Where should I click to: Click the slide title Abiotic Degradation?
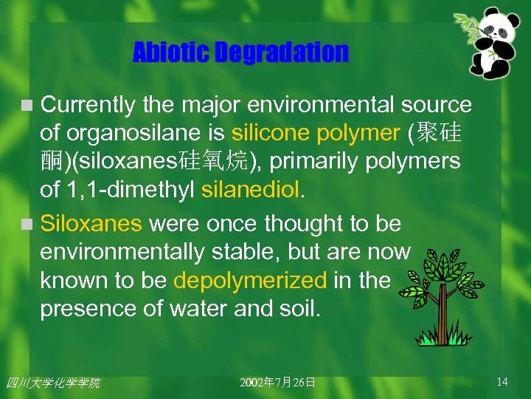tap(240, 52)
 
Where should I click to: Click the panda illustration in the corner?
tap(493, 44)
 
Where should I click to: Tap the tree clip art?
tap(443, 296)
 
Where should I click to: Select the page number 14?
tap(502, 382)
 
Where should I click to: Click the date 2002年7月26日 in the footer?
tap(278, 383)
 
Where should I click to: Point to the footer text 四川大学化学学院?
tap(52, 383)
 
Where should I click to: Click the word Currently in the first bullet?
tap(88, 106)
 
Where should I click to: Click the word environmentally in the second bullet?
tap(121, 252)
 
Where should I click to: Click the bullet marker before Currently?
tap(27, 106)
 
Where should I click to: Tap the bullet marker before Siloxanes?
tap(27, 224)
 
